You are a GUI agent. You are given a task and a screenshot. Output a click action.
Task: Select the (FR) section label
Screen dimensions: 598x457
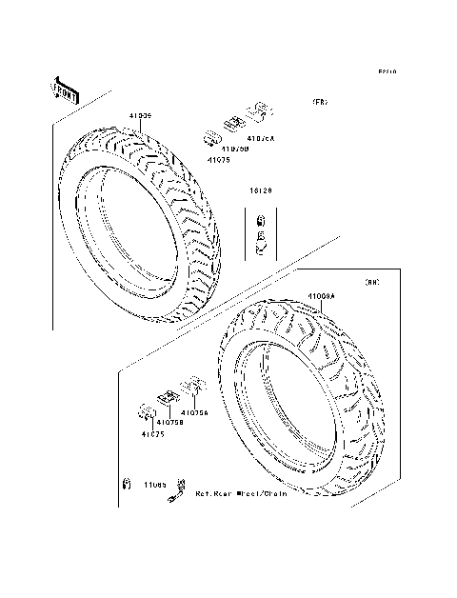(318, 102)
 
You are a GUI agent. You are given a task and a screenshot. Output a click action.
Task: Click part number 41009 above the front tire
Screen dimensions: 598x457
(140, 116)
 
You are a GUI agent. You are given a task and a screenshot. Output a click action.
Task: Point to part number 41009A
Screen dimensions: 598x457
(321, 296)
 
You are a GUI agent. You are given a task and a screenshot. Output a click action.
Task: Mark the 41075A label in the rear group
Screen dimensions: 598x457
(194, 413)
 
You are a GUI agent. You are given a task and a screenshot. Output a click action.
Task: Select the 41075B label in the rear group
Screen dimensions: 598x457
(169, 422)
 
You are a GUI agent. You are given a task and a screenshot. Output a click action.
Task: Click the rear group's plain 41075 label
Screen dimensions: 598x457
(153, 434)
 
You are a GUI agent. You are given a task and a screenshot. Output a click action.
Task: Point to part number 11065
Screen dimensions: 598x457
(155, 484)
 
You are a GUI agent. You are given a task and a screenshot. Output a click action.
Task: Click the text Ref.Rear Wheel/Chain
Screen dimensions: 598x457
(240, 494)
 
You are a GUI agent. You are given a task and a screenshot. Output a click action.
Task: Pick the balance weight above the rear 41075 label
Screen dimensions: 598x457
(149, 411)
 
